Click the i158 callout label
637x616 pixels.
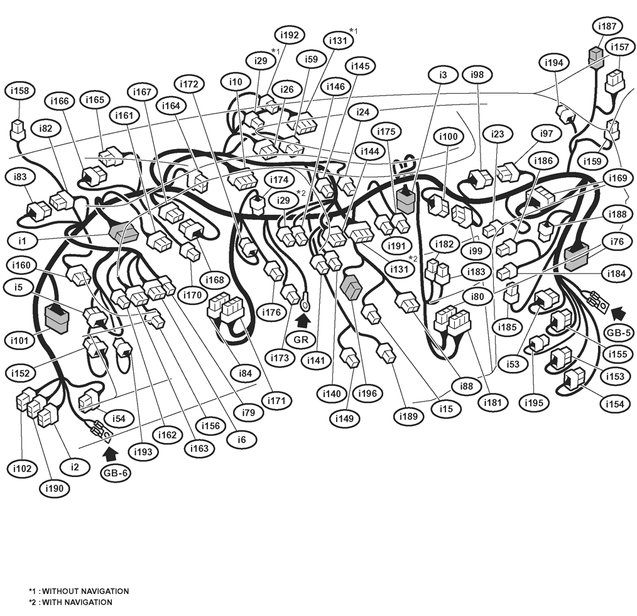tap(20, 91)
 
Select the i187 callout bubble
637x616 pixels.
tap(607, 26)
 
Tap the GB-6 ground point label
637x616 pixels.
tap(116, 473)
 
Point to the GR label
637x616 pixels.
tap(301, 339)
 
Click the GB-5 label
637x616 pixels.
tap(619, 333)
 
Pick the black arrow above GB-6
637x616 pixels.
tap(111, 453)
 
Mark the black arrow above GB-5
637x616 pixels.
tap(618, 314)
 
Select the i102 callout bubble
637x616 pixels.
tap(22, 468)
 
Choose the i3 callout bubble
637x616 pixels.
tap(443, 75)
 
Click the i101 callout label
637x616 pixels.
tap(19, 340)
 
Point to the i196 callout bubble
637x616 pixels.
tap(367, 393)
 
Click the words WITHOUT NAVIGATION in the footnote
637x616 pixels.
tap(85, 591)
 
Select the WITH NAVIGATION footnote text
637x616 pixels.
tap(77, 602)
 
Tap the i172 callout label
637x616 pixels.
tap(189, 84)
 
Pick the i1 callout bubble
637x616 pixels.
tap(22, 241)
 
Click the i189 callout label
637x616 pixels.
tap(408, 416)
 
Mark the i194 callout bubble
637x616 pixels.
tap(553, 63)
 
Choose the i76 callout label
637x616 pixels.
tap(617, 241)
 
